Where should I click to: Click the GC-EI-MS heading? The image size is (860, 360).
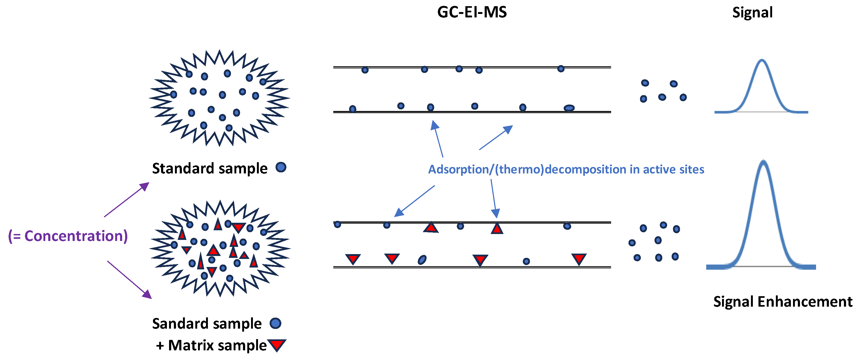coord(472,12)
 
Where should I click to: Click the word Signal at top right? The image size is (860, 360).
coord(752,13)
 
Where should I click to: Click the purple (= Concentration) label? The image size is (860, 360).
coord(68,236)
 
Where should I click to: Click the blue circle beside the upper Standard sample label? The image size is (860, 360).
coord(281,167)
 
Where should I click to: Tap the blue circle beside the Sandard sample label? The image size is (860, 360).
coord(275,323)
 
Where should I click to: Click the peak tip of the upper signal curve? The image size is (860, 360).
coord(762,60)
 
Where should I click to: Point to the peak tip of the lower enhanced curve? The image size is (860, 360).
coord(763,162)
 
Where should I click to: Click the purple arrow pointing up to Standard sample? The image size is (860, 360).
coord(127,199)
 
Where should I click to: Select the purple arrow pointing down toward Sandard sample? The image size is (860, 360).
coord(129,280)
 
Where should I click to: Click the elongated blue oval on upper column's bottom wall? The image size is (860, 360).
coord(569,108)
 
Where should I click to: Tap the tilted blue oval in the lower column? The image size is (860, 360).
coord(422,259)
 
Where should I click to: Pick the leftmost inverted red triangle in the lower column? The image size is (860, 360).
coord(353,259)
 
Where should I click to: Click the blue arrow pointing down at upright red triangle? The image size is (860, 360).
coord(493,198)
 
